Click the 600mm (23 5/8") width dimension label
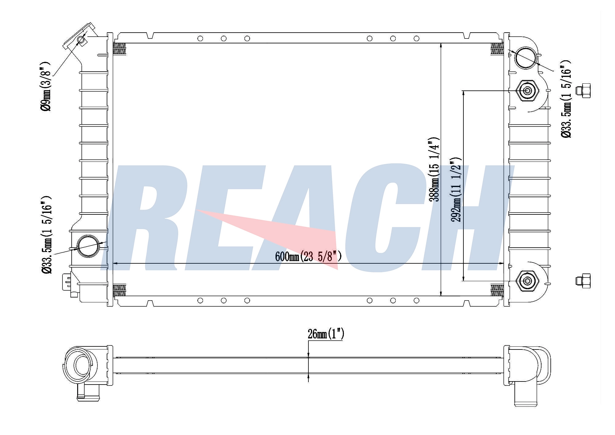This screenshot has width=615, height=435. coord(308,256)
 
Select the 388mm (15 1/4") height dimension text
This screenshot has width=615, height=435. coord(434,170)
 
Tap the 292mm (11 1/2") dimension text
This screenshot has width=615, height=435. coord(456,190)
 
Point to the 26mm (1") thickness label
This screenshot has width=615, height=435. coord(326,334)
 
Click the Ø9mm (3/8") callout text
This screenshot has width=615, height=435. coord(45,86)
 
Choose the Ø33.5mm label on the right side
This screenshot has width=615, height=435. coord(566,99)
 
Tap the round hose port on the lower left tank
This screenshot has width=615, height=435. coord(89,246)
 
